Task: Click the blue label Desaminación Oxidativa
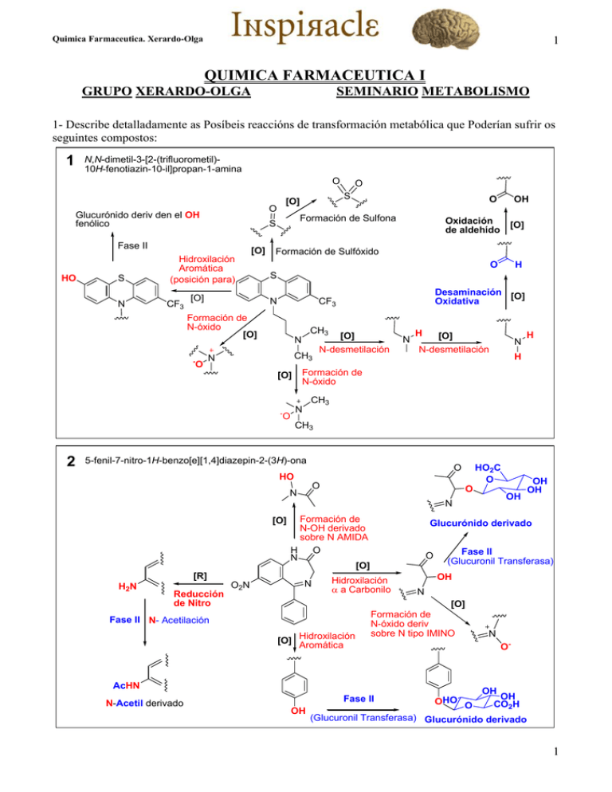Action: pos(468,297)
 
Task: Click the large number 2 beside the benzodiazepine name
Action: pos(71,461)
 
